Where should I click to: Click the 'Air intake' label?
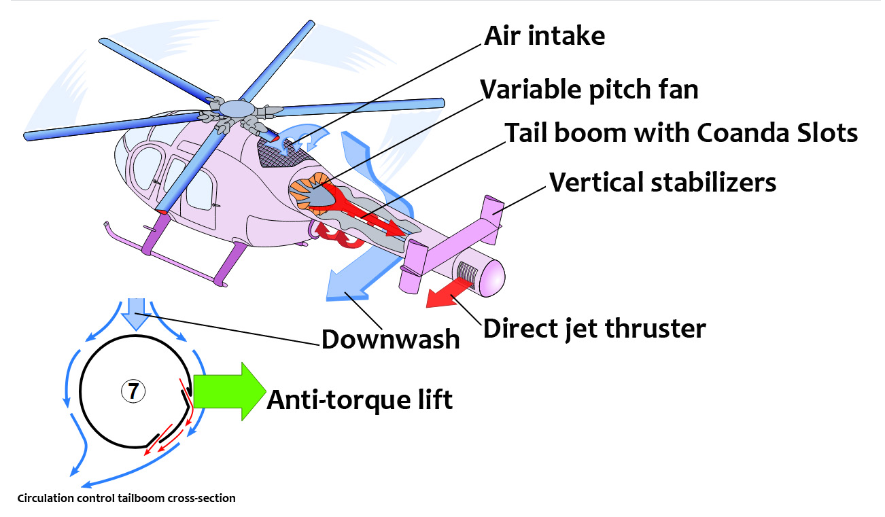[544, 36]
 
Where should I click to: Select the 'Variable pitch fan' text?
[589, 90]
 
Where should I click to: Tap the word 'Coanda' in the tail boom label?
[743, 132]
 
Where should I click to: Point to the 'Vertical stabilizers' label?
[663, 183]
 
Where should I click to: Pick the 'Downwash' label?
[391, 339]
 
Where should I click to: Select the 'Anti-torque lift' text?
[360, 400]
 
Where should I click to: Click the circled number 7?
[133, 391]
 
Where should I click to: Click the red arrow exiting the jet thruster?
[449, 293]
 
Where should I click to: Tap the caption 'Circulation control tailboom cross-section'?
[126, 499]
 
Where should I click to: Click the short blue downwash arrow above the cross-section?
[136, 314]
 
